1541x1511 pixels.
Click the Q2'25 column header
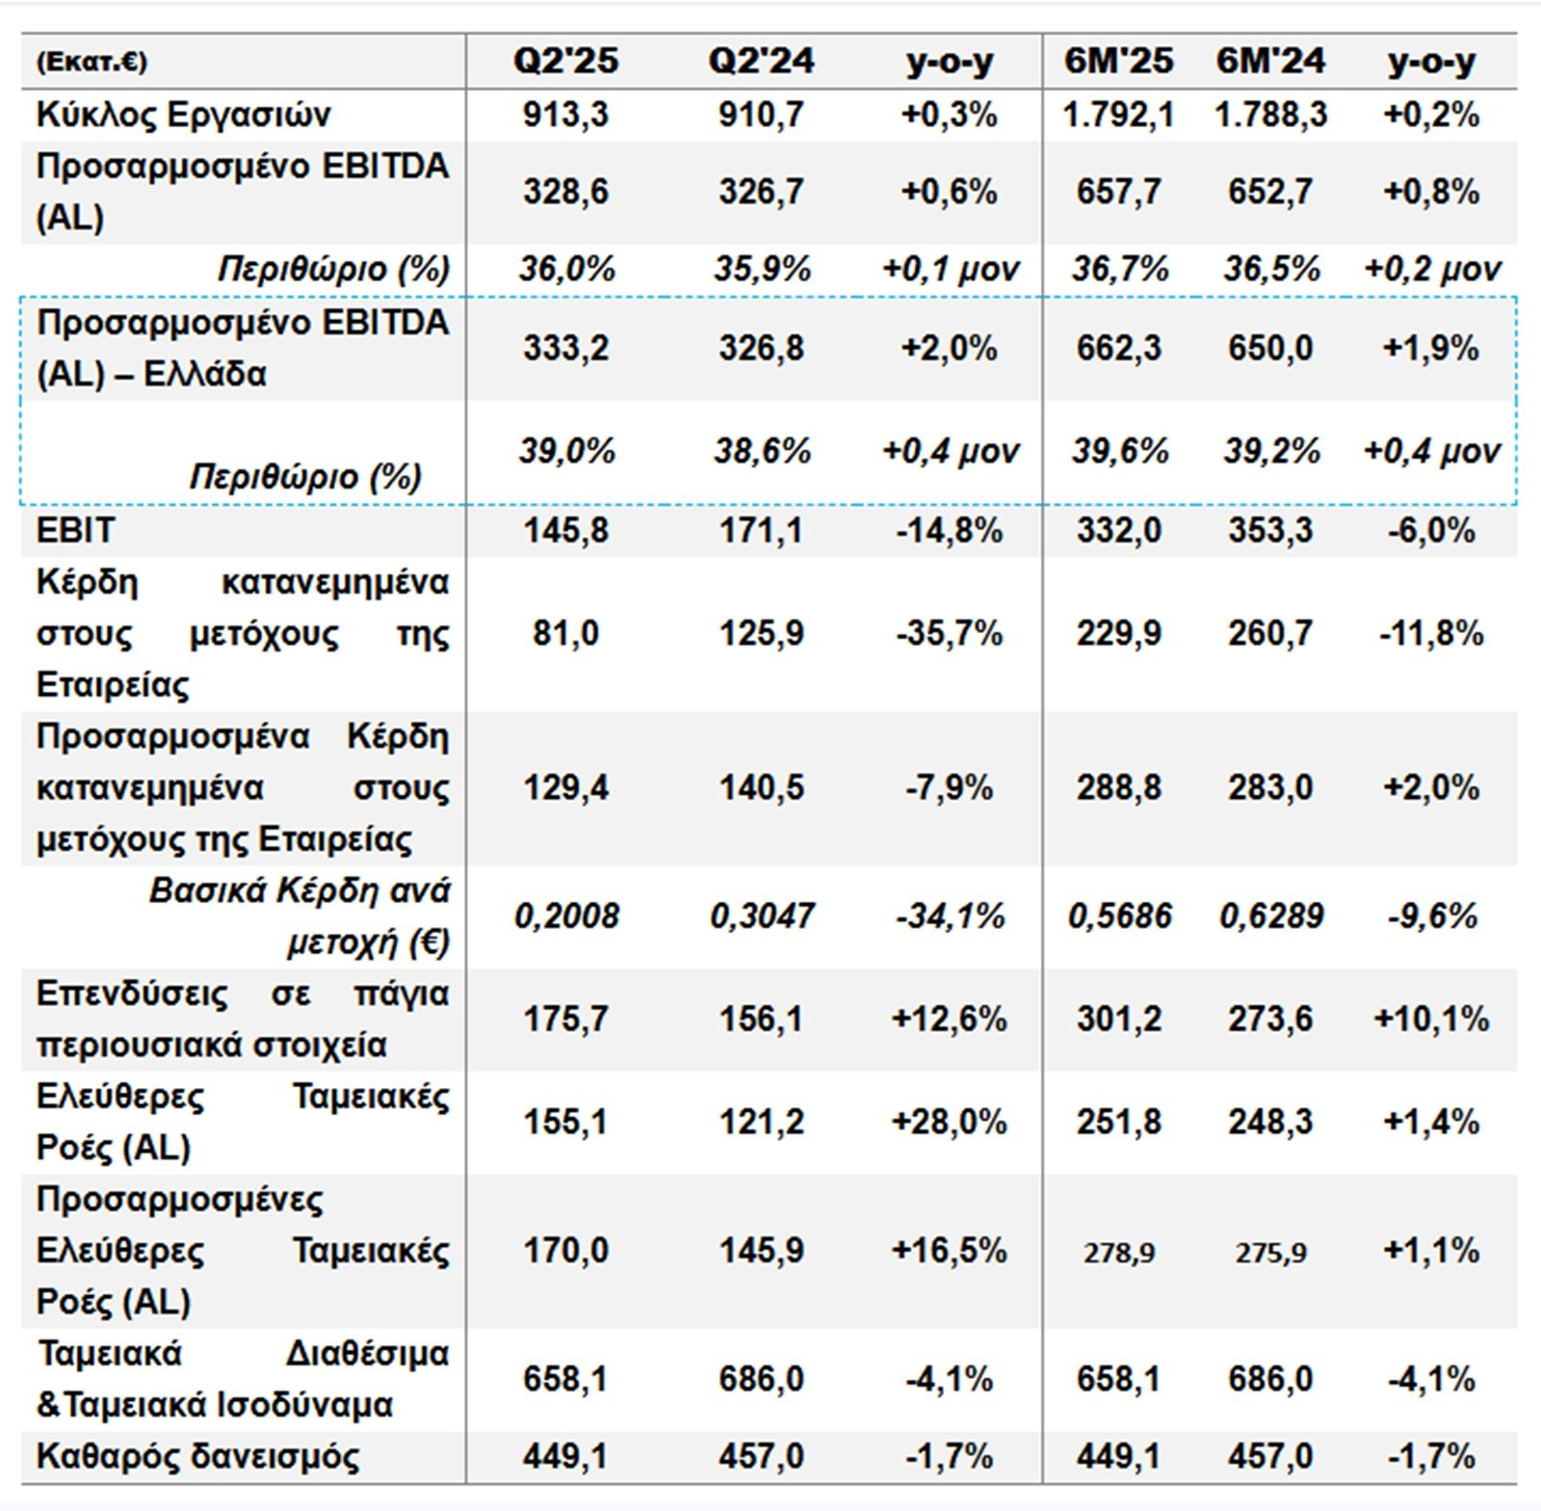565,62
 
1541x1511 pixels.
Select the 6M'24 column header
1270,62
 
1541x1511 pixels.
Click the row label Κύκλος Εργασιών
183,115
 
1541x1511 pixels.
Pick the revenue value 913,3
565,115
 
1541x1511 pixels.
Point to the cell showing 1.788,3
1270,115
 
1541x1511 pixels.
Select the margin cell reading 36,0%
566,269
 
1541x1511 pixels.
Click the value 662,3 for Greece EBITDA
1118,348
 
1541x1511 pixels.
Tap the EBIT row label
75,530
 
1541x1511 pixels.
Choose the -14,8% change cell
950,530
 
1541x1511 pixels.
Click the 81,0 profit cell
565,633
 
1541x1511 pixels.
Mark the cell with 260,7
1270,633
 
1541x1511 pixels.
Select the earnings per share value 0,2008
566,915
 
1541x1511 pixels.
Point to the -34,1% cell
950,915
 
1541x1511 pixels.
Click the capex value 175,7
565,1019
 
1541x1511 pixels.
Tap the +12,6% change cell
950,1019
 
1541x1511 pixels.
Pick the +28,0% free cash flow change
950,1122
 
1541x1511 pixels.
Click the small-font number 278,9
1118,1252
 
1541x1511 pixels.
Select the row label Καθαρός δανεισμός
197,1455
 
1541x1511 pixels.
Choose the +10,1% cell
1431,1019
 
